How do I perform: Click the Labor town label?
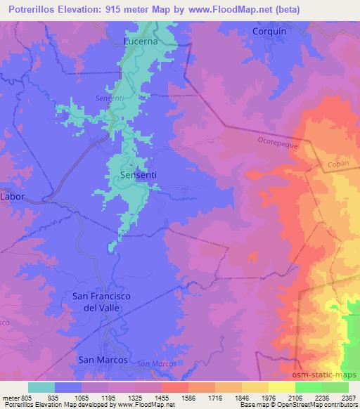point(12,197)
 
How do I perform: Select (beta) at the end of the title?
point(304,8)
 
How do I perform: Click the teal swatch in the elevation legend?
point(41,387)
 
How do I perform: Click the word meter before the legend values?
point(10,397)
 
